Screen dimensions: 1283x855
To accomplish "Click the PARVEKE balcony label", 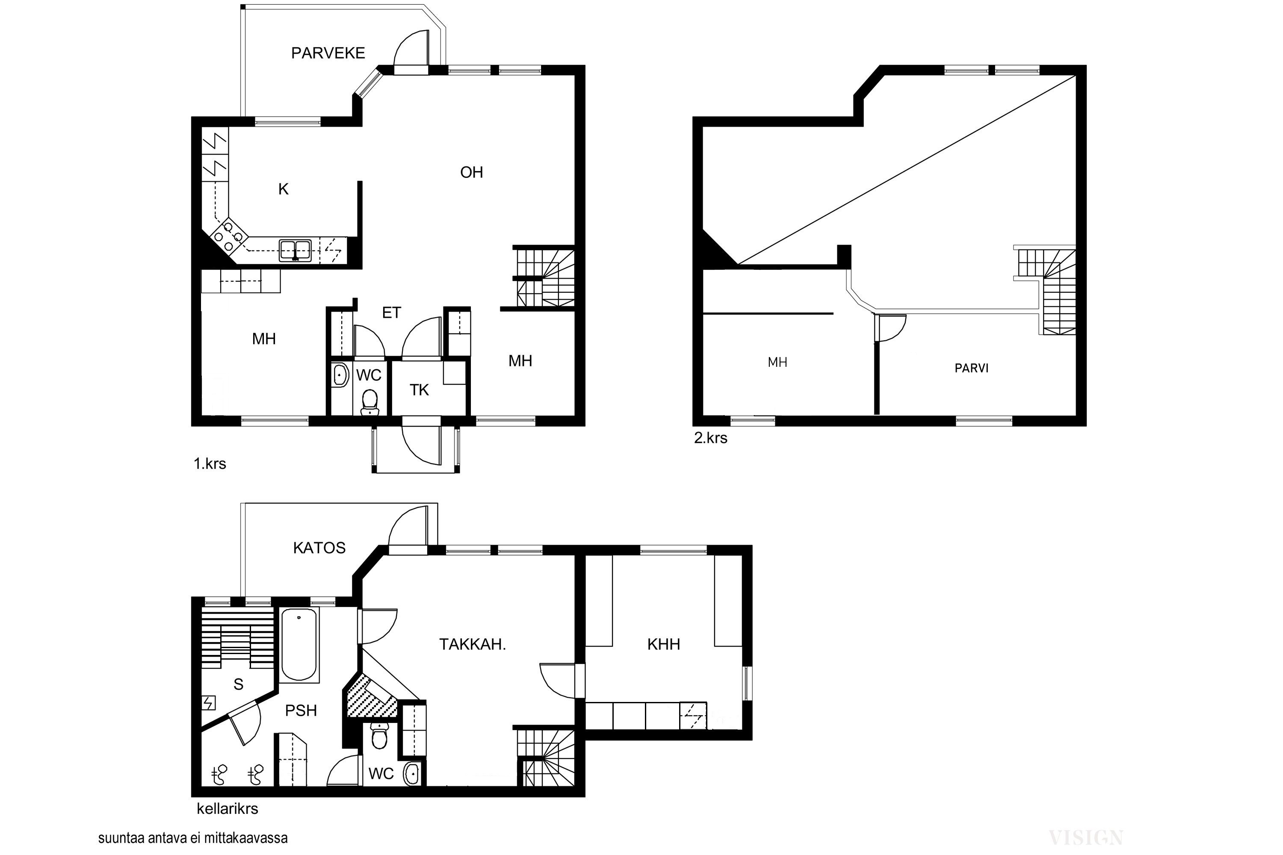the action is [x=328, y=53].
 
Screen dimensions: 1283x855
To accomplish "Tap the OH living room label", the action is [x=472, y=172].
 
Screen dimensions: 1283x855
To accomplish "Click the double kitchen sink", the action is [x=295, y=250].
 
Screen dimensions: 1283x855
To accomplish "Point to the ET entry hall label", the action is [x=392, y=313].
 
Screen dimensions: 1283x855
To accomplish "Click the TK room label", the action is [x=420, y=390].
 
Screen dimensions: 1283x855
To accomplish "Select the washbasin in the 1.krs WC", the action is [x=340, y=375].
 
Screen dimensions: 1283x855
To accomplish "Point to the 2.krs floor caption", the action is [x=711, y=438].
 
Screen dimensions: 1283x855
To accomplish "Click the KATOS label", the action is [x=319, y=548].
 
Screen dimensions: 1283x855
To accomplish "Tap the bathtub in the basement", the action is [x=299, y=645].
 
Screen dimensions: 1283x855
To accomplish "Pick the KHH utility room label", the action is [x=663, y=644].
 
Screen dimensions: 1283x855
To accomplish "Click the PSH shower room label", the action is [x=301, y=711].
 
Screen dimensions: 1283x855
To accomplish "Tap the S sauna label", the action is [x=238, y=684].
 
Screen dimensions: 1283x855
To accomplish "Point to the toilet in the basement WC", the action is [x=379, y=736].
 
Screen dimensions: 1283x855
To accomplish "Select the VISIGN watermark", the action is [x=1085, y=837].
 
